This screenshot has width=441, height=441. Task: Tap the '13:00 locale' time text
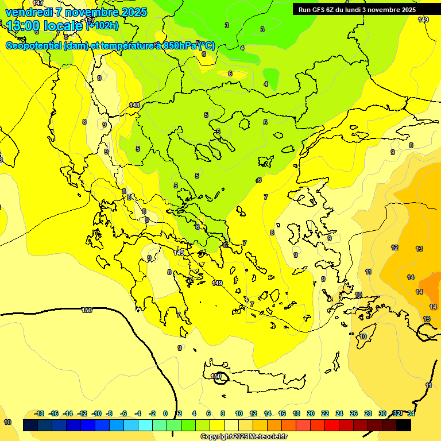[44, 26]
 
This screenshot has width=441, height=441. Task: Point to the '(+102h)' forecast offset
[102, 25]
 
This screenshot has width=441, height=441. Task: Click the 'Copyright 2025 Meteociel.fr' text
[243, 437]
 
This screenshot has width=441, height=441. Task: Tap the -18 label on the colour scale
[40, 413]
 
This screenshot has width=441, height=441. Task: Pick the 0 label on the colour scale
[165, 413]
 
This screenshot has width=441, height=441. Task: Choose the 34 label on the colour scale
[411, 413]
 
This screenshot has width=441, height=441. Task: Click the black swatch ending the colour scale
[404, 425]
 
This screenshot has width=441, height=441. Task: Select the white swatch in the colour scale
[231, 425]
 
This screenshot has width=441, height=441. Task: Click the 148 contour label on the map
[134, 105]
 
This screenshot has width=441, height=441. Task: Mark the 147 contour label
[38, 3]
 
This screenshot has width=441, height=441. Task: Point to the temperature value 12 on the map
[394, 247]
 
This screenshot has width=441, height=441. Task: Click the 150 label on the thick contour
[87, 310]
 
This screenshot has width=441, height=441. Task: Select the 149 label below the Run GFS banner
[423, 20]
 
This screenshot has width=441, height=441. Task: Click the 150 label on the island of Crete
[216, 376]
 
